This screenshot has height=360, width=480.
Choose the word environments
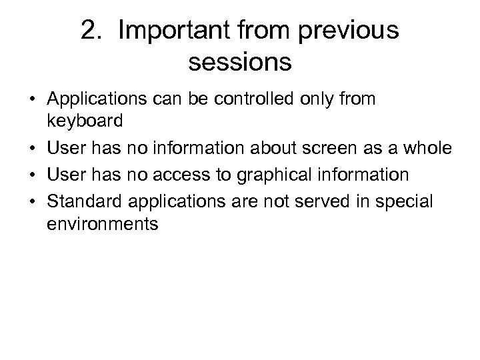pyautogui.click(x=103, y=223)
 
